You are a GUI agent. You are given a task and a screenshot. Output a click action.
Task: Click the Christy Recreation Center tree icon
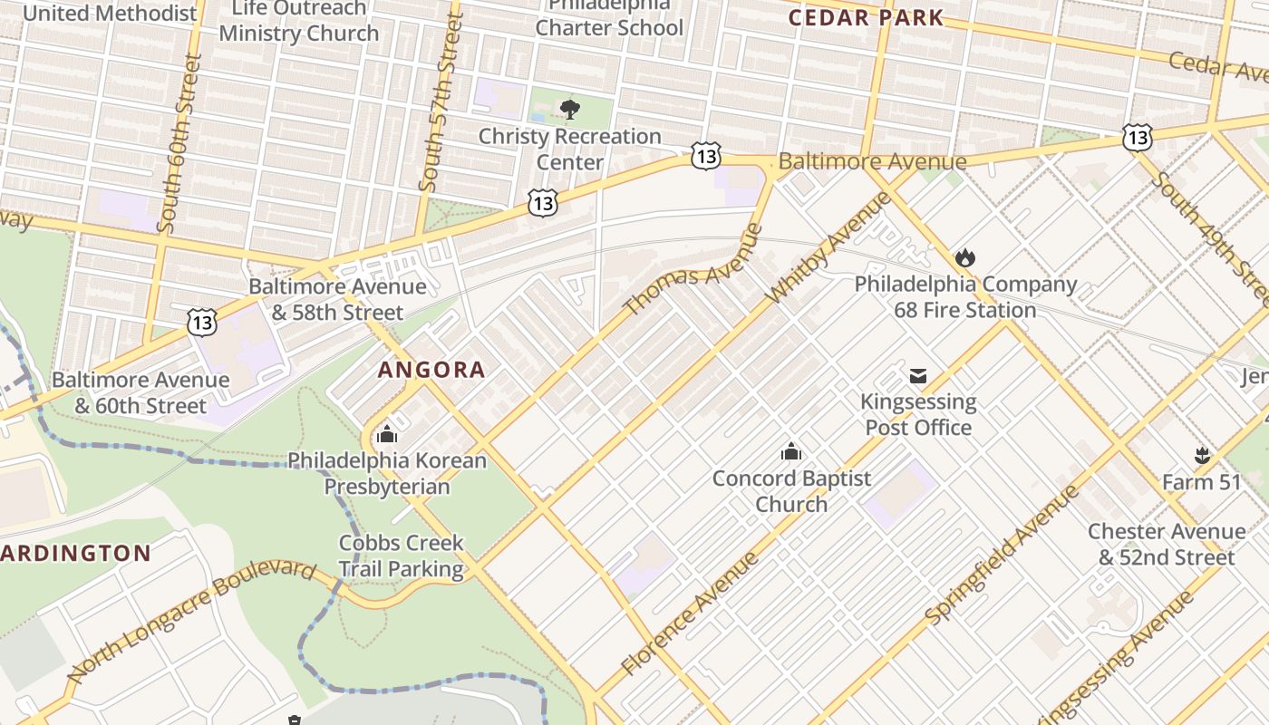click(x=569, y=111)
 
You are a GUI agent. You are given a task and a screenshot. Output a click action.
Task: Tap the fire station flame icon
click(x=965, y=258)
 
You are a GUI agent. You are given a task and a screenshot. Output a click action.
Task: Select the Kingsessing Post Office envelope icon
click(x=918, y=375)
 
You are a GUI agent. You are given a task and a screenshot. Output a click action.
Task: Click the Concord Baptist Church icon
click(x=791, y=451)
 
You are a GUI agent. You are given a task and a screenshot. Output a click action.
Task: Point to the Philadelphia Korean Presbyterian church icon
click(x=387, y=434)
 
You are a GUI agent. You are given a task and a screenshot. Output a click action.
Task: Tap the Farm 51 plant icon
click(x=1202, y=456)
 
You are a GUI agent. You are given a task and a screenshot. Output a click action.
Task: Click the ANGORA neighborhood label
click(x=431, y=370)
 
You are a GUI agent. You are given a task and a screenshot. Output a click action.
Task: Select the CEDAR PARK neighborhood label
click(x=866, y=17)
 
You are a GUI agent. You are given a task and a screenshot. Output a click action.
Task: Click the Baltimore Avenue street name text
click(x=872, y=162)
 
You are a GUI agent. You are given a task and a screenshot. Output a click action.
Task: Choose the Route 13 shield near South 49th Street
click(x=1137, y=138)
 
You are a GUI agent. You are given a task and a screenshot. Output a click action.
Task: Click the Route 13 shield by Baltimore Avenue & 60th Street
click(x=202, y=321)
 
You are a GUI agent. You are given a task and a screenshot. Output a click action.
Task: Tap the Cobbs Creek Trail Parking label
click(x=401, y=556)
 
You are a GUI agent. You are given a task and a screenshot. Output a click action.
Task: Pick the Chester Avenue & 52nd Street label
click(x=1167, y=544)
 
